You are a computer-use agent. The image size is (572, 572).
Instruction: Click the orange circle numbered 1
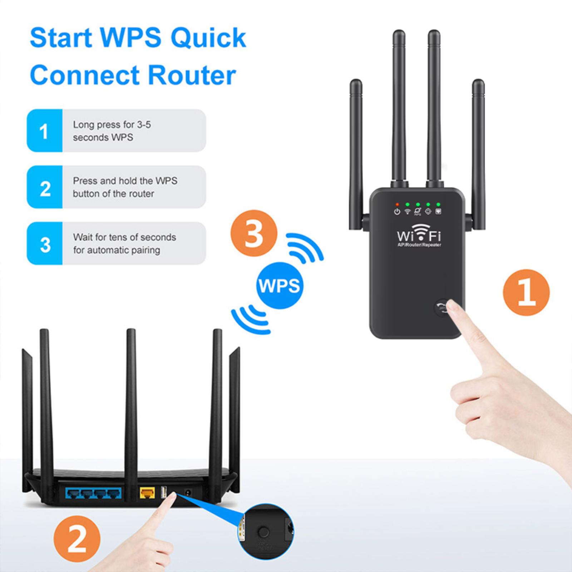(x=526, y=292)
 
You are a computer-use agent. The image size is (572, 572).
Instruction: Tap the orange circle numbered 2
(x=77, y=539)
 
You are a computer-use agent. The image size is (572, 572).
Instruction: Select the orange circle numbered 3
(x=254, y=233)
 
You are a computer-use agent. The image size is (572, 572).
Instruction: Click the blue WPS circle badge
(x=280, y=286)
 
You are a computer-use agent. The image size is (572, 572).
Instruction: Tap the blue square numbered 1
(x=45, y=130)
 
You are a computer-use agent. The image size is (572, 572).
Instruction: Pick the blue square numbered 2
(x=45, y=187)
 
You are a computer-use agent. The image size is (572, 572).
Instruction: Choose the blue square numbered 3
(x=45, y=243)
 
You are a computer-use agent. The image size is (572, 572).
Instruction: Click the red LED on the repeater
(x=397, y=204)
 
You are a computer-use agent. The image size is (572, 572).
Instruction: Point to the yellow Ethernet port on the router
(x=146, y=494)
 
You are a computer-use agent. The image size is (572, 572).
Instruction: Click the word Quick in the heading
(x=208, y=38)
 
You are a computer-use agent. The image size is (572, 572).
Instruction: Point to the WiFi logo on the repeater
(x=419, y=235)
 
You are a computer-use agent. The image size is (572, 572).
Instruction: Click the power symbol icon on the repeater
(x=397, y=212)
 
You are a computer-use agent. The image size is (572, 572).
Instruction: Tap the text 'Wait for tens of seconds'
(x=124, y=237)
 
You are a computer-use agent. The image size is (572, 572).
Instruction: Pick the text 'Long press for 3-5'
(x=112, y=125)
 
